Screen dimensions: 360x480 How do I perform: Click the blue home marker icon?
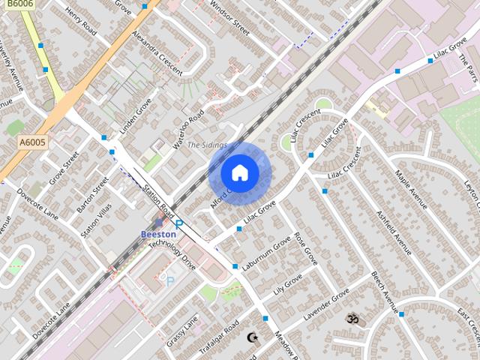[x=240, y=173]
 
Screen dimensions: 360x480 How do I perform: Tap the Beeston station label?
[x=159, y=234]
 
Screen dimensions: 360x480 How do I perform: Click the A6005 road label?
[x=32, y=142]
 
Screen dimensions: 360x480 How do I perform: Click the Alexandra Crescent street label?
[x=157, y=53]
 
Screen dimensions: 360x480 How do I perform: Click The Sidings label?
[x=207, y=145]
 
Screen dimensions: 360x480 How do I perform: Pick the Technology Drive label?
[x=172, y=255]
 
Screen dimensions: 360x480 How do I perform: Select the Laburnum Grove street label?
[x=266, y=254]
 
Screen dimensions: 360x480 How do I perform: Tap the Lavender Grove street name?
[x=327, y=306]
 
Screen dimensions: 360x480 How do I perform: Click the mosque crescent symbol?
[x=253, y=337]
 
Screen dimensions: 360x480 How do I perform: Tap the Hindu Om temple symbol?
[x=352, y=319]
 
